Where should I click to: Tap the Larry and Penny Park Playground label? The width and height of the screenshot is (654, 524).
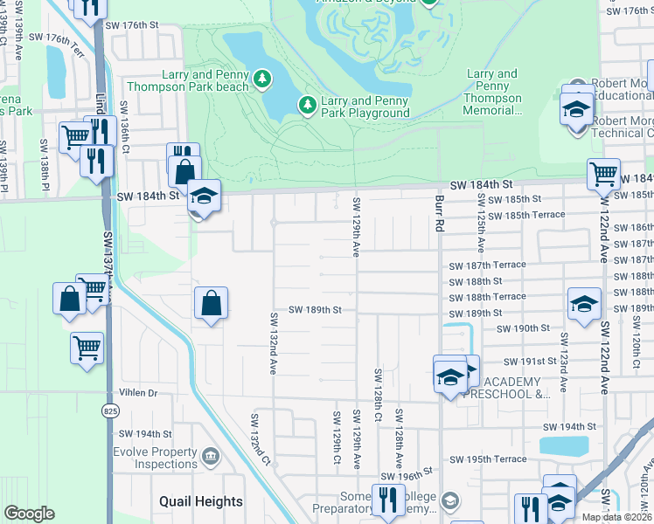pos(365,107)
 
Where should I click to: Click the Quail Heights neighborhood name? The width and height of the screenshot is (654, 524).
pos(201,501)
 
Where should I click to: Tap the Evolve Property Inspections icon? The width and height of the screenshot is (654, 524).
pos(210,457)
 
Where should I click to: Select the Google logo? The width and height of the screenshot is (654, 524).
pos(29,514)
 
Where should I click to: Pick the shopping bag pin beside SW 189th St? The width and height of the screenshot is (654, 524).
pos(211,304)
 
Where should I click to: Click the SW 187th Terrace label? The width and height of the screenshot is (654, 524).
pos(487,265)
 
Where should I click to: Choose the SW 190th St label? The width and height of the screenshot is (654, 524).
pos(522,328)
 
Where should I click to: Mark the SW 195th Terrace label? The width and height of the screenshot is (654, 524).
pos(487,459)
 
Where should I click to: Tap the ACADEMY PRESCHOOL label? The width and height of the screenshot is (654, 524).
pos(516,388)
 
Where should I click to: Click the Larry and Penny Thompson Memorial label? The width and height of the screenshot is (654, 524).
pos(492,93)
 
